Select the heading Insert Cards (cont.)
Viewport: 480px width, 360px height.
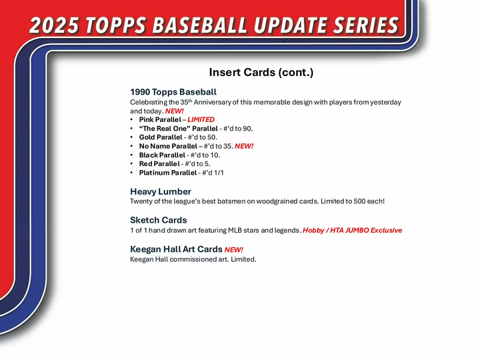click(261, 73)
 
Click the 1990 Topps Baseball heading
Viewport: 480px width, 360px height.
click(173, 92)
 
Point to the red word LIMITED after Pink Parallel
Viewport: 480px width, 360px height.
click(201, 120)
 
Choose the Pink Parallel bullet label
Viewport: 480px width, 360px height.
click(159, 120)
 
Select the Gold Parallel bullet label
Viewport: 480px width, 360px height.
click(160, 137)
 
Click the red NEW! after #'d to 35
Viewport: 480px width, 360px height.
click(244, 146)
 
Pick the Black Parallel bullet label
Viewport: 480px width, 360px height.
click(162, 155)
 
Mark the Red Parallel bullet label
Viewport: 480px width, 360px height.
click(159, 163)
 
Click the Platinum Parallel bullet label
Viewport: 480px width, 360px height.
click(168, 173)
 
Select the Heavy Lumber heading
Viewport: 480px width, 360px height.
click(160, 191)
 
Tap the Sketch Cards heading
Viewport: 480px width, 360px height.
click(158, 220)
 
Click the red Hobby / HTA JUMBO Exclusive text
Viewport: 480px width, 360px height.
click(352, 230)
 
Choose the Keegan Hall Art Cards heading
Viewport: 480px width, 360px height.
click(176, 249)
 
